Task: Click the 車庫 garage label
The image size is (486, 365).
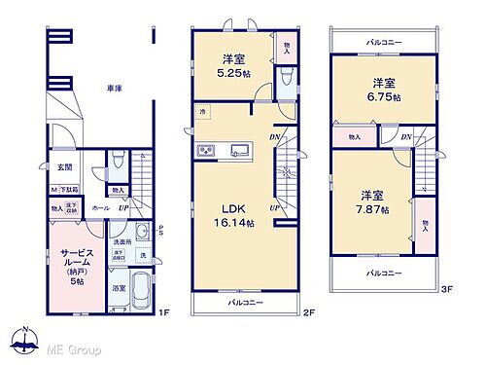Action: tap(114, 89)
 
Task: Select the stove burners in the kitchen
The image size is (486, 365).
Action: tap(206, 150)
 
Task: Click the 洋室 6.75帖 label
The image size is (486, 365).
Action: tap(382, 89)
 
